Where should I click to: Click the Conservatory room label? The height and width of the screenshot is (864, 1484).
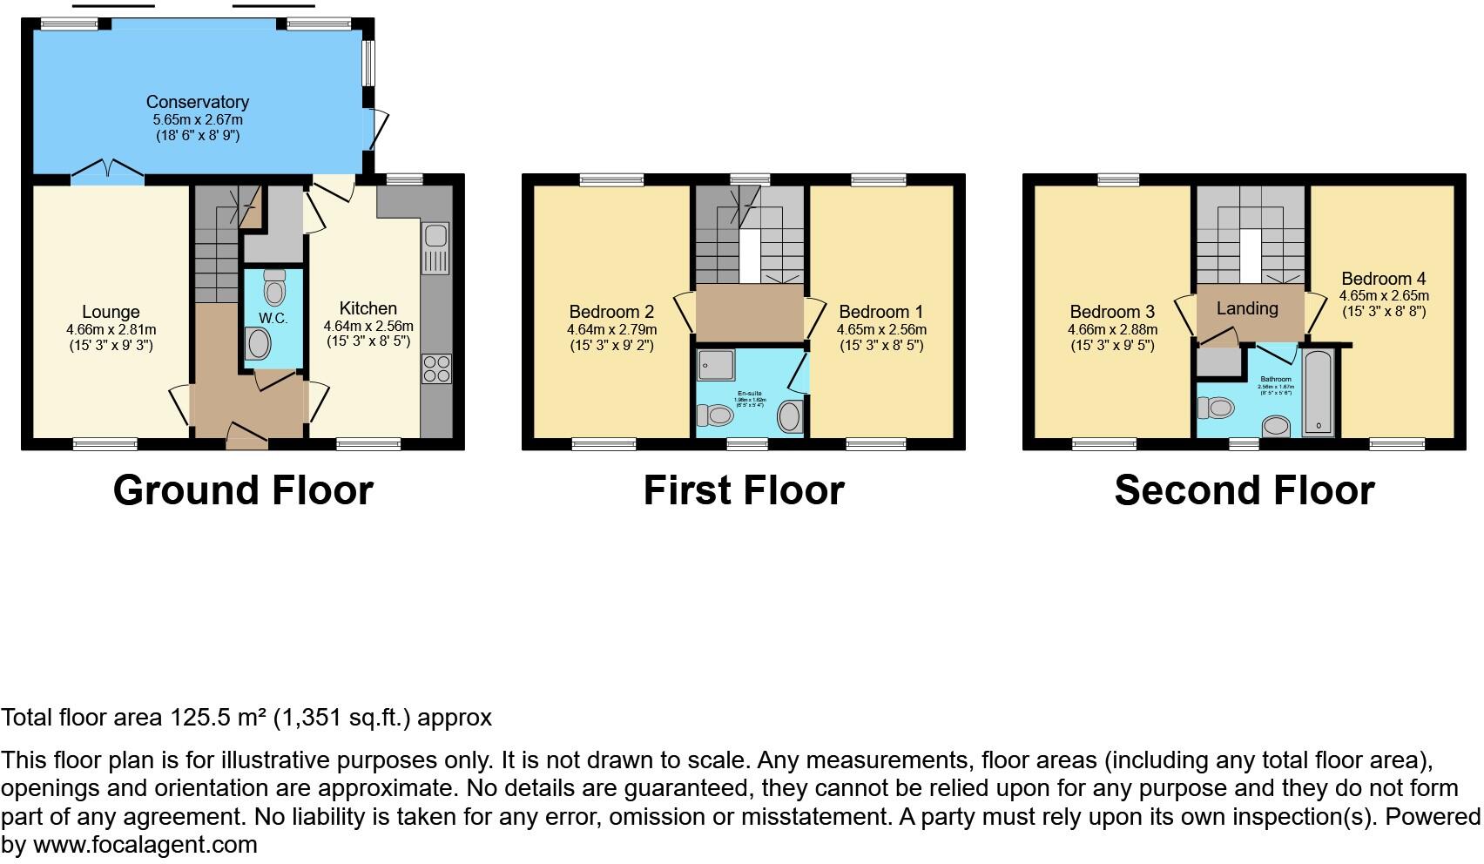click(x=198, y=103)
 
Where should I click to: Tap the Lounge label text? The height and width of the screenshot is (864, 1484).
click(x=111, y=312)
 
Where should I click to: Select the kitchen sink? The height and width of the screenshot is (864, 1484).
click(x=435, y=247)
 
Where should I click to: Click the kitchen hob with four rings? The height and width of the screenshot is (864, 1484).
click(x=436, y=369)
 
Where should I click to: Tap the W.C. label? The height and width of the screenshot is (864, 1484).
click(x=273, y=318)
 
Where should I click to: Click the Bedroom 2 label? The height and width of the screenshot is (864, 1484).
click(x=611, y=312)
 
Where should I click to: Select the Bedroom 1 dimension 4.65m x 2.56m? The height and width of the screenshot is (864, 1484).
click(x=881, y=330)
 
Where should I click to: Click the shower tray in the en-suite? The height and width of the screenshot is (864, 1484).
click(x=715, y=366)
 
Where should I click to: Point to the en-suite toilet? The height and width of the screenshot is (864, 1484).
click(x=718, y=415)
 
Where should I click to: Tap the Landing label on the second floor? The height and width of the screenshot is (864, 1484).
click(x=1247, y=308)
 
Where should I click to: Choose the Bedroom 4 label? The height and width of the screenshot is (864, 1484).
click(x=1383, y=279)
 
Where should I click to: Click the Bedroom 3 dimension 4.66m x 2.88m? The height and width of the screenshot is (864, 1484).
click(x=1112, y=330)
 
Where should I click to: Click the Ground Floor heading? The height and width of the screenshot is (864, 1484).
click(x=243, y=490)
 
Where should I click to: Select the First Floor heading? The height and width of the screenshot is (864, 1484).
click(x=744, y=490)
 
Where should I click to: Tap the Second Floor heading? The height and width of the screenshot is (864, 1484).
click(x=1244, y=490)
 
